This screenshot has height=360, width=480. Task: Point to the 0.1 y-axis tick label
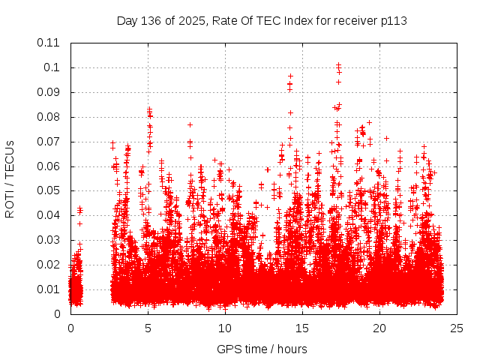(53, 67)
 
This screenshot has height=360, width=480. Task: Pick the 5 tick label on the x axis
(148, 328)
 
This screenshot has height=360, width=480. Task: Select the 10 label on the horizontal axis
(226, 328)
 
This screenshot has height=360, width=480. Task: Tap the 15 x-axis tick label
(303, 328)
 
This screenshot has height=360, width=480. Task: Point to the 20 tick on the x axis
(380, 328)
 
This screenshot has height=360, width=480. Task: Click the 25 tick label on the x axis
(457, 328)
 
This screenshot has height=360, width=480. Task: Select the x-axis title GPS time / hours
(262, 349)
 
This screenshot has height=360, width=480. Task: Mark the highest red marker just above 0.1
(338, 65)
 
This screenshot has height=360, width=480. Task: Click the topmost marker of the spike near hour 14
(290, 76)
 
